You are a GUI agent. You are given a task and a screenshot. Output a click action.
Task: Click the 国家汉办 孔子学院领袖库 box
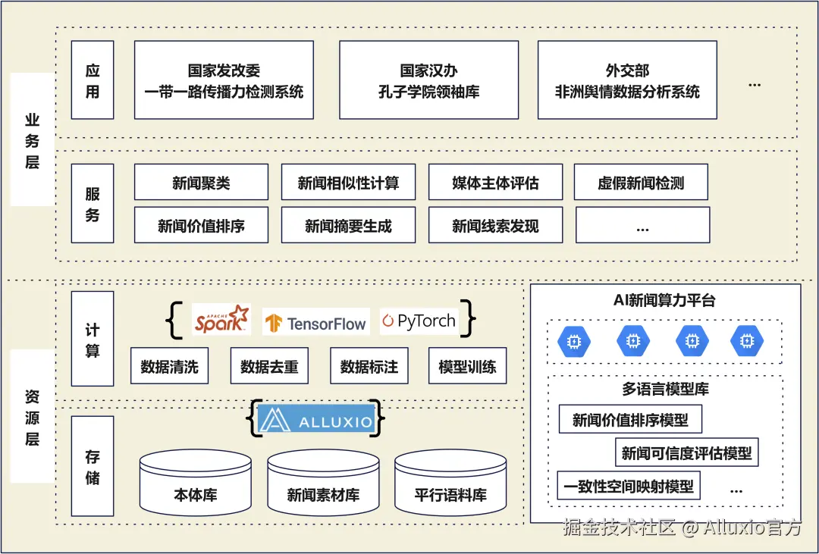coord(428,80)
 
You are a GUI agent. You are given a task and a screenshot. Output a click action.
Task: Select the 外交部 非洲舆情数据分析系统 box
coord(627,80)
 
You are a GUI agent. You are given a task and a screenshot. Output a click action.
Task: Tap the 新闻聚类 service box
coord(201,183)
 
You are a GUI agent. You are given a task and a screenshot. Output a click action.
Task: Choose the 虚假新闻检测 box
coord(641,183)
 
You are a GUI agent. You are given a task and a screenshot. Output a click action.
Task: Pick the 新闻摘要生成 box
coord(348,225)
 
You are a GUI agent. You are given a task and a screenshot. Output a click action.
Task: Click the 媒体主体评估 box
coord(495,183)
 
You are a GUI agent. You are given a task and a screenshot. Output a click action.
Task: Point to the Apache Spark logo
coord(221,320)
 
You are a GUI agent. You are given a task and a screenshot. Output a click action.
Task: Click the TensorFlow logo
coord(315,323)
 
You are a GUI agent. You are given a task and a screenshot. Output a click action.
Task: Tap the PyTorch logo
coord(419,321)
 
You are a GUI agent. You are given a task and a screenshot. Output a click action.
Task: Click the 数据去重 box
coord(269,367)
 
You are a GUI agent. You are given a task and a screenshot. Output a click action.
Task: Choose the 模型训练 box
coord(467,367)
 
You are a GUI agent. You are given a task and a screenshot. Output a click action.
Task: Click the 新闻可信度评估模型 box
coord(686,453)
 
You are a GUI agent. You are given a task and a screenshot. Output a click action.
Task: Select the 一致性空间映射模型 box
coord(629,486)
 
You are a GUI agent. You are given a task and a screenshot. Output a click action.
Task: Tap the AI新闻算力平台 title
coord(664,300)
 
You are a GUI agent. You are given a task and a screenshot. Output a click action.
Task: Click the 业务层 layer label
coord(32,141)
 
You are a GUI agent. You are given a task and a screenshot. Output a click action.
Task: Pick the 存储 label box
coord(93,467)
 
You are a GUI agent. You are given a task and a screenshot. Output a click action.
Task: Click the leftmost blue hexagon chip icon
coord(575,343)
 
